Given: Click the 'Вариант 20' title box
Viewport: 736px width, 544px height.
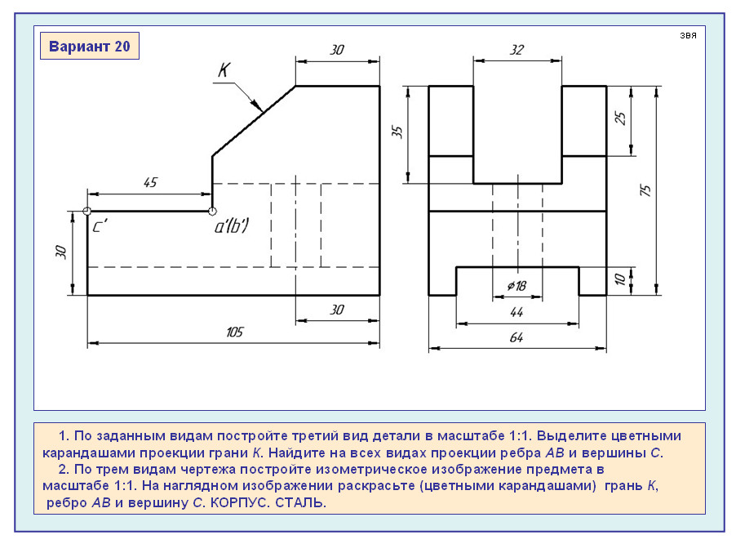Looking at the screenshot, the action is click(x=90, y=47).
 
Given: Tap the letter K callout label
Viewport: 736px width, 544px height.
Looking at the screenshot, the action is click(x=224, y=70).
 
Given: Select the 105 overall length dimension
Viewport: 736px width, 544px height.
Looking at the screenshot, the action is click(x=236, y=332).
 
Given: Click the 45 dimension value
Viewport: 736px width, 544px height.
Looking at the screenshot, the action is click(x=150, y=183).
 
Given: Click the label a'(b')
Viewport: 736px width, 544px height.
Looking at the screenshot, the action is click(x=232, y=227).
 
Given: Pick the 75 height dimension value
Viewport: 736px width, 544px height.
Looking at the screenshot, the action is click(x=645, y=190).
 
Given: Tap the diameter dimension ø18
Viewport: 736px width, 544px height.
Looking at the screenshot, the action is click(x=517, y=285).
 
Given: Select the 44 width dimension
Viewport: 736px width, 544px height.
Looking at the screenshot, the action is click(x=516, y=312).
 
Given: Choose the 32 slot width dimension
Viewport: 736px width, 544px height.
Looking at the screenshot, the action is click(x=517, y=49).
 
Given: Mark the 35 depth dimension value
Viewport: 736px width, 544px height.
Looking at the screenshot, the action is click(x=397, y=132).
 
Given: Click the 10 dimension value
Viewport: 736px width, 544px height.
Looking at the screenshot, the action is click(x=619, y=279).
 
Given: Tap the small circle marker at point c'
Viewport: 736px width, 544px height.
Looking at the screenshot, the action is click(x=87, y=212).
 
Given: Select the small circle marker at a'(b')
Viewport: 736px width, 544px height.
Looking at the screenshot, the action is click(x=212, y=212).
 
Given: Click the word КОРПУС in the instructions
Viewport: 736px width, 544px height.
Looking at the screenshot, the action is click(x=242, y=503).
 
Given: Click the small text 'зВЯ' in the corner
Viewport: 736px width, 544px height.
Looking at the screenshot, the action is click(x=687, y=37).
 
